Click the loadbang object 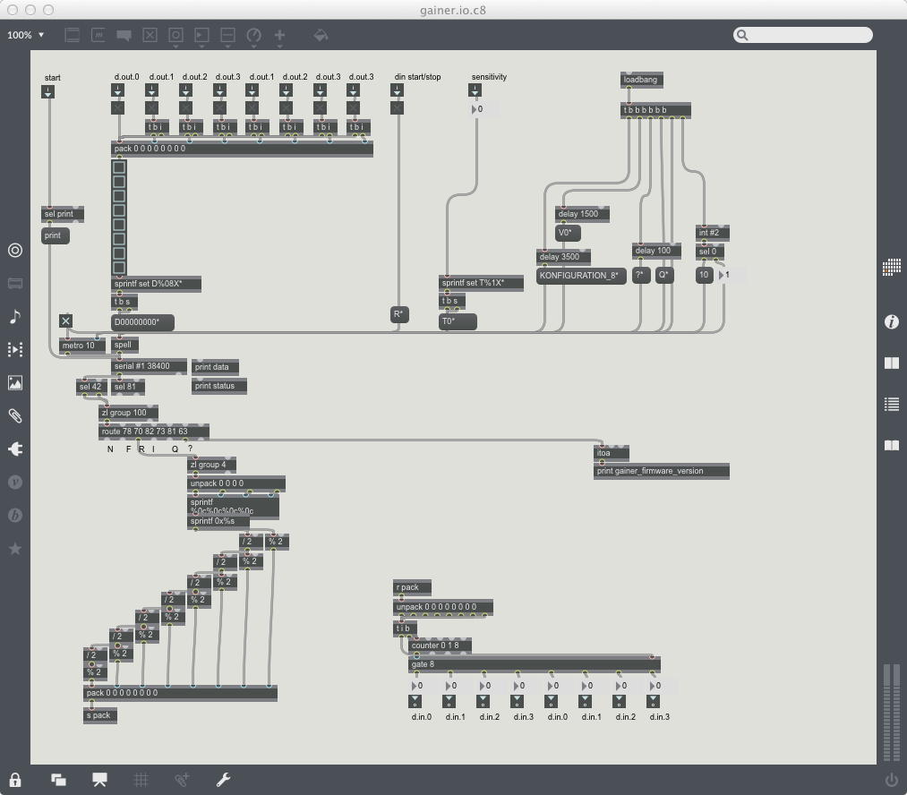[642, 80]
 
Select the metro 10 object [81, 346]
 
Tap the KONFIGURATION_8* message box [580, 276]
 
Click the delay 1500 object [581, 214]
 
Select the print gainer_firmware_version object [661, 471]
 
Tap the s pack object [100, 715]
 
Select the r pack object [411, 587]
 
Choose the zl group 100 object [127, 413]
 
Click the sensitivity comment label [489, 77]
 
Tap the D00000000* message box [141, 322]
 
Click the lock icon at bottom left [15, 780]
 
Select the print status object [218, 386]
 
